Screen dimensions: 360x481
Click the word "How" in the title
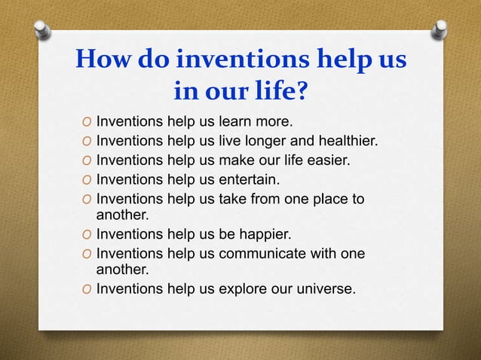99,61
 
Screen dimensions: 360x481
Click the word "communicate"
268,254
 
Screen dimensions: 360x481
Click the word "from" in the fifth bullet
266,200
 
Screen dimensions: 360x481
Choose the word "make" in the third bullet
236,160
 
